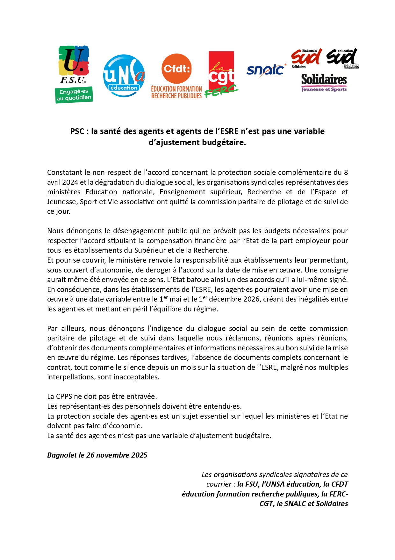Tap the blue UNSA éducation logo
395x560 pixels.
coord(124,76)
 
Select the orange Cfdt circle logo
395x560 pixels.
coord(177,68)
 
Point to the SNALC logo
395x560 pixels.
coord(265,70)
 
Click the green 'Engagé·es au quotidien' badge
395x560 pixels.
coord(74,95)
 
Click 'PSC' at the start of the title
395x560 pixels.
coord(77,131)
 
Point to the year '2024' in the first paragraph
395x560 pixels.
coord(70,182)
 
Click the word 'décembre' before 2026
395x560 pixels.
coord(225,299)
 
